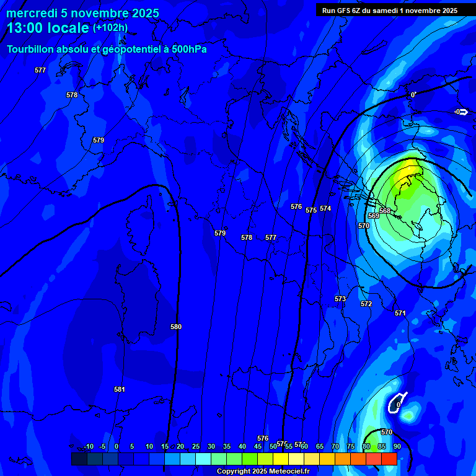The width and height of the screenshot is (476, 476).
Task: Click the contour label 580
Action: coord(176,327)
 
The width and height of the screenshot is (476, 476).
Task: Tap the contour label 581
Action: coord(120,389)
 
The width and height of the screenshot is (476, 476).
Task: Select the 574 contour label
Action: coord(325,208)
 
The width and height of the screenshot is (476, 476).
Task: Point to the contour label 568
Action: coord(385,211)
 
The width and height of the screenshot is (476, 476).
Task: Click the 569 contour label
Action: coord(374,216)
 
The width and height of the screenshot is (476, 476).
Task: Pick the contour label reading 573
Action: coord(340,299)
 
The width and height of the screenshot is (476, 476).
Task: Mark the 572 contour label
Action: coord(366,304)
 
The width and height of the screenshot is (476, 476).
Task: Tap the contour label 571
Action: coord(400,313)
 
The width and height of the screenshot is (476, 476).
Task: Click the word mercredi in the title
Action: coord(32,14)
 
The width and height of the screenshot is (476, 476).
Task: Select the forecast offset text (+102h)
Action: coord(110,28)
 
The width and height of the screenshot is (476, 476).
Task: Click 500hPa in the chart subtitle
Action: coord(185,50)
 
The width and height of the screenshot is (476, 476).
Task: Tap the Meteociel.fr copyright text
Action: coord(263,472)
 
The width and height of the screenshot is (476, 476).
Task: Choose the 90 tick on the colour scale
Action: coord(397,446)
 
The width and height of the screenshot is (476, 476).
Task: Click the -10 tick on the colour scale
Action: coord(89,446)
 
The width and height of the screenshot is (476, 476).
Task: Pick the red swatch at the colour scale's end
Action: coord(389,459)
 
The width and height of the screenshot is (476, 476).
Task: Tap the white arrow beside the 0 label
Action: coord(464,112)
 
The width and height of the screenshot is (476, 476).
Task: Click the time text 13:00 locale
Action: coord(48,29)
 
